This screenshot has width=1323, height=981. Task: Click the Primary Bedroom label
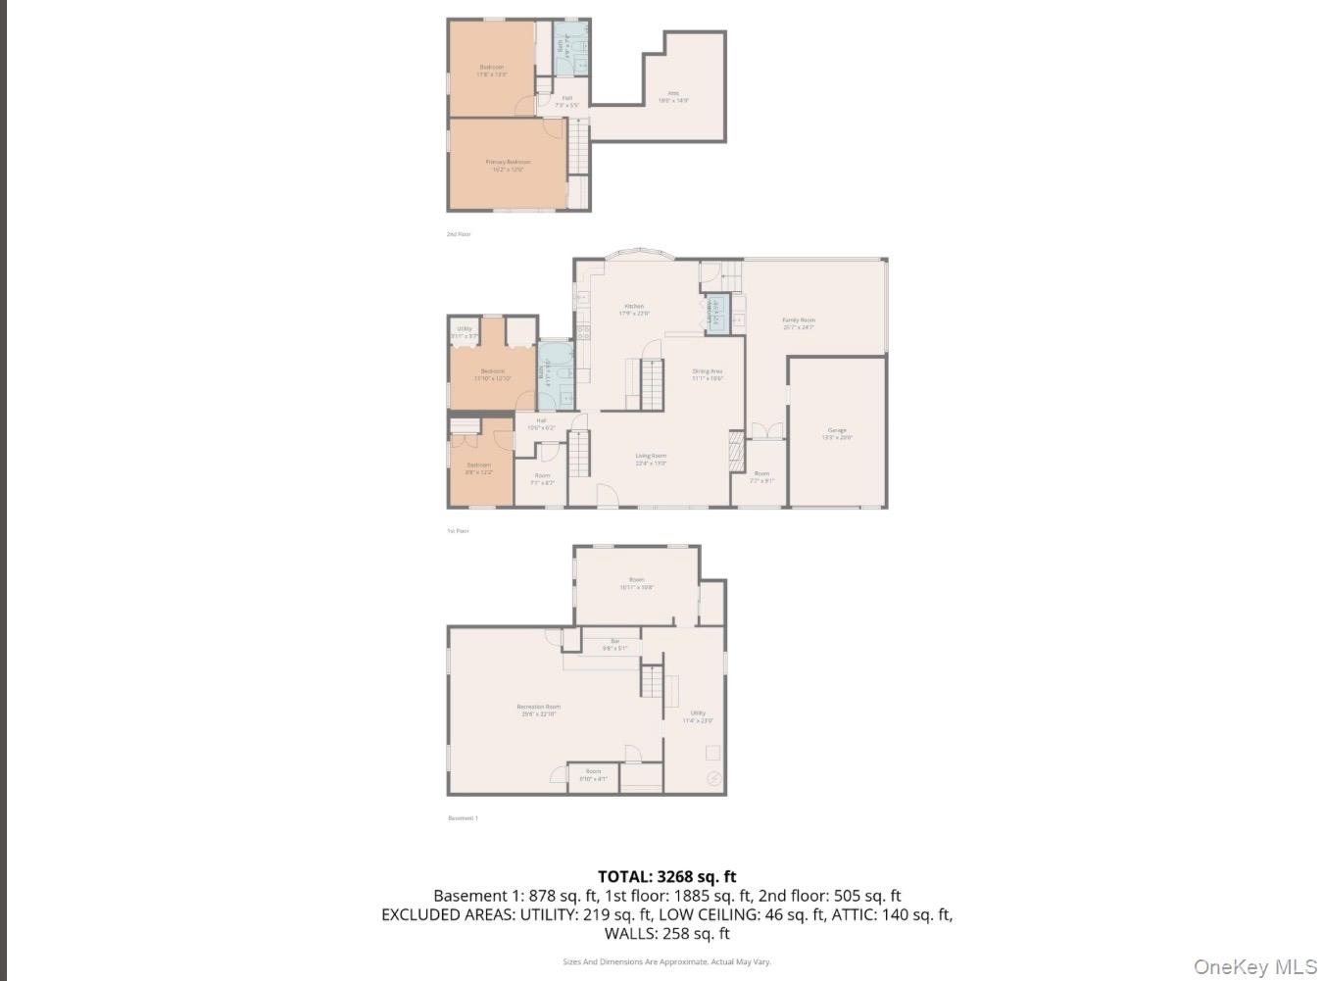tap(508, 166)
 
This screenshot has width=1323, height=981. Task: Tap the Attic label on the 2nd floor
tap(673, 96)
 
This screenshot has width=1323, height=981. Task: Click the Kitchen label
tap(634, 310)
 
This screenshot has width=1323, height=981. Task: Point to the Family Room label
tap(799, 323)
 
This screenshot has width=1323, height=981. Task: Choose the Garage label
tap(837, 433)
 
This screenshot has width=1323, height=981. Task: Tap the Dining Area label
tap(708, 374)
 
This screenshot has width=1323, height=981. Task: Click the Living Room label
tap(651, 459)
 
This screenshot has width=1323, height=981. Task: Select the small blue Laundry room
tap(716, 314)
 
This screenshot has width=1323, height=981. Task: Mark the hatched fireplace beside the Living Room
tap(737, 452)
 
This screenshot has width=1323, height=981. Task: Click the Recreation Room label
tap(539, 710)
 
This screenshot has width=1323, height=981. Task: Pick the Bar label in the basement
tap(614, 644)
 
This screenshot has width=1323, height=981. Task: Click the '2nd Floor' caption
tap(459, 234)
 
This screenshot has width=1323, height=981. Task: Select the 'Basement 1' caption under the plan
tap(463, 817)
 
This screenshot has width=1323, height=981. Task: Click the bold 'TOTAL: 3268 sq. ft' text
tap(666, 877)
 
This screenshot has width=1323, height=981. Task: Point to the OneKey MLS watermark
tap(1254, 966)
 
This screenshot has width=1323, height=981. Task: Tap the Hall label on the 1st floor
tap(541, 423)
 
